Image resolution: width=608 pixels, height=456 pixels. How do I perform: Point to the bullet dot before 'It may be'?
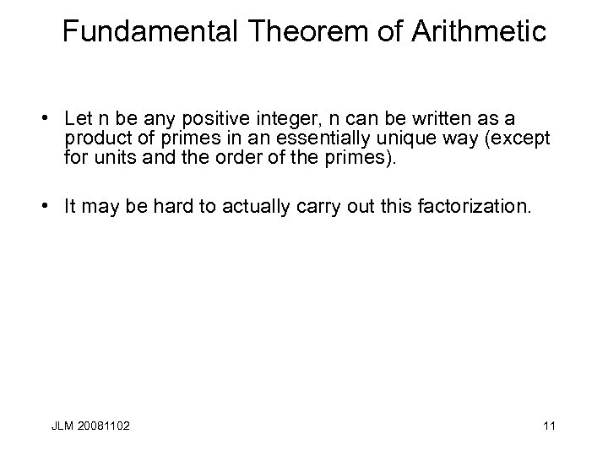[52, 206]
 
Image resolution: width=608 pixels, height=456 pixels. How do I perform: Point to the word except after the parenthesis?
[524, 137]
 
